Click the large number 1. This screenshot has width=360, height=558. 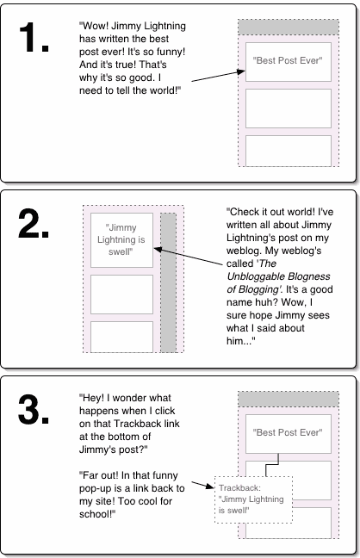pos(33,37)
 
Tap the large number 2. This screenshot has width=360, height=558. pos(33,223)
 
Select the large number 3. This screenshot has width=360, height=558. pos(33,408)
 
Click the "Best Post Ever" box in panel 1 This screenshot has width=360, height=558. pos(288,62)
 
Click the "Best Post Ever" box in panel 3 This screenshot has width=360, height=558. pos(288,434)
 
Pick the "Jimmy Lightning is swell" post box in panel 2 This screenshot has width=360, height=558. pos(121,240)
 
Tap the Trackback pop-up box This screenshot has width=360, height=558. pos(253,499)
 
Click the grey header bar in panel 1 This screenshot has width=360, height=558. pos(288,28)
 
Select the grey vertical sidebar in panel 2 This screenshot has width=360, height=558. pos(168,282)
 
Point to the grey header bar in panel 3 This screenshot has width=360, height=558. pos(288,400)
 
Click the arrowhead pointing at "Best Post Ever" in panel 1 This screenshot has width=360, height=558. pos(242,71)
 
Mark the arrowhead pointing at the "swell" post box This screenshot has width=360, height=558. pos(158,250)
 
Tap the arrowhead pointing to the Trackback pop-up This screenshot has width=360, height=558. pos(210,486)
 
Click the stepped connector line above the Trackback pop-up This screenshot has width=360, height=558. pos(272,464)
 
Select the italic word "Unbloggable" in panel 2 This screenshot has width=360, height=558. pos(249,276)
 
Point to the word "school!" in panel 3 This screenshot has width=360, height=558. pos(97,514)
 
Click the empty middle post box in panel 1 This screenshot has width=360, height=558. pos(288,108)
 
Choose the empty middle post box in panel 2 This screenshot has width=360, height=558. pos(121,294)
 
